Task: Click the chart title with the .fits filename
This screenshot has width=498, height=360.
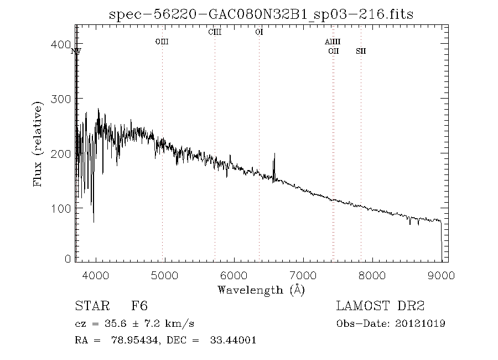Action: tap(262, 14)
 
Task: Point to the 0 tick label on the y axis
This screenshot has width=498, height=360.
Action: tap(68, 259)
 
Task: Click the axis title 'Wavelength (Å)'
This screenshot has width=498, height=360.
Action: tap(261, 289)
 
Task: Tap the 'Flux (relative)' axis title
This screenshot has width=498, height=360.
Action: tap(38, 143)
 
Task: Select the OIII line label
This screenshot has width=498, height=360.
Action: tap(162, 42)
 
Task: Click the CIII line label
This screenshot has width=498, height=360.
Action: tap(215, 32)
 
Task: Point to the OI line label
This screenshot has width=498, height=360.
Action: tap(259, 32)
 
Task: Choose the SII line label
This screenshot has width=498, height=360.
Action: tap(361, 51)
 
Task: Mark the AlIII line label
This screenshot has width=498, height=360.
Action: tap(333, 42)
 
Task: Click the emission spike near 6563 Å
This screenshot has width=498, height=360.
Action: tap(274, 162)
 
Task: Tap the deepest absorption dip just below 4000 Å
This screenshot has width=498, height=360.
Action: tap(93, 220)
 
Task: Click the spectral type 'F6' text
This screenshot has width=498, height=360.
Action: tap(139, 306)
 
